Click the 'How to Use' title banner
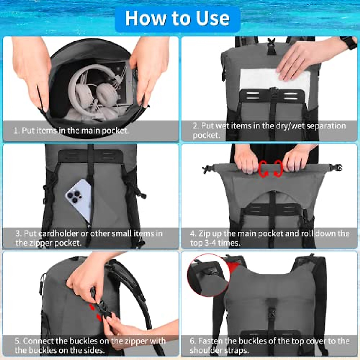pyautogui.click(x=177, y=19)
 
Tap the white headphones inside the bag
pyautogui.click(x=90, y=90)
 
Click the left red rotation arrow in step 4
pyautogui.click(x=263, y=168)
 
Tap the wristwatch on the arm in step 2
pyautogui.click(x=350, y=43)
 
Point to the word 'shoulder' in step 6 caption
pyautogui.click(x=204, y=350)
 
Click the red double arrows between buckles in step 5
pyautogui.click(x=95, y=312)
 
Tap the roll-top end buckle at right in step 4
pyautogui.click(x=338, y=168)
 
